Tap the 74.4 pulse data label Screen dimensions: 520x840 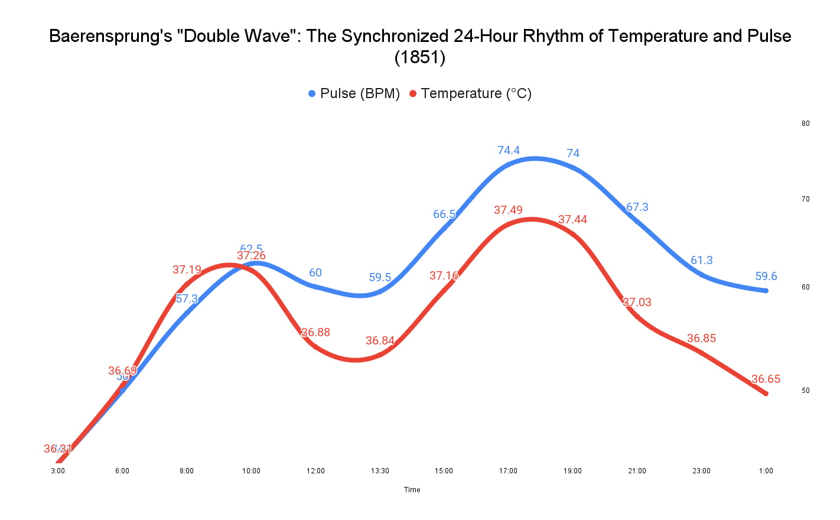pyautogui.click(x=509, y=150)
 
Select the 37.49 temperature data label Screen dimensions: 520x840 pyautogui.click(x=508, y=210)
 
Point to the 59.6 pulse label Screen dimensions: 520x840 pyautogui.click(x=766, y=276)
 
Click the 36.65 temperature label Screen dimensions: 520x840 pyautogui.click(x=766, y=379)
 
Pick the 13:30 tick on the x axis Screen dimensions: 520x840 pyautogui.click(x=380, y=471)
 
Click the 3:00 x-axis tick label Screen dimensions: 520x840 pyautogui.click(x=58, y=471)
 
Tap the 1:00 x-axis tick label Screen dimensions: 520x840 pyautogui.click(x=766, y=471)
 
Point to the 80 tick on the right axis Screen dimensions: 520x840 pyautogui.click(x=805, y=123)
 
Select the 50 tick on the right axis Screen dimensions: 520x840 pyautogui.click(x=805, y=391)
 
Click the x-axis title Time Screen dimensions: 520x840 pyautogui.click(x=412, y=490)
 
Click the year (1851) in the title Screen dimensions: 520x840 pyautogui.click(x=419, y=57)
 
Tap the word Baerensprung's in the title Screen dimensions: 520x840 pyautogui.click(x=110, y=36)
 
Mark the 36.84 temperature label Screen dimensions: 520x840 pyautogui.click(x=380, y=340)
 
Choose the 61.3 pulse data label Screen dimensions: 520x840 pyautogui.click(x=702, y=260)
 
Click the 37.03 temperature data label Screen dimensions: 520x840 pyautogui.click(x=637, y=302)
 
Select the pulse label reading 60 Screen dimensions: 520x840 pyautogui.click(x=315, y=272)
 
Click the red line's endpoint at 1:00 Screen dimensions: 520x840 pyautogui.click(x=766, y=394)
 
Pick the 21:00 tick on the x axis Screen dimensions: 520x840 pyautogui.click(x=637, y=471)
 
